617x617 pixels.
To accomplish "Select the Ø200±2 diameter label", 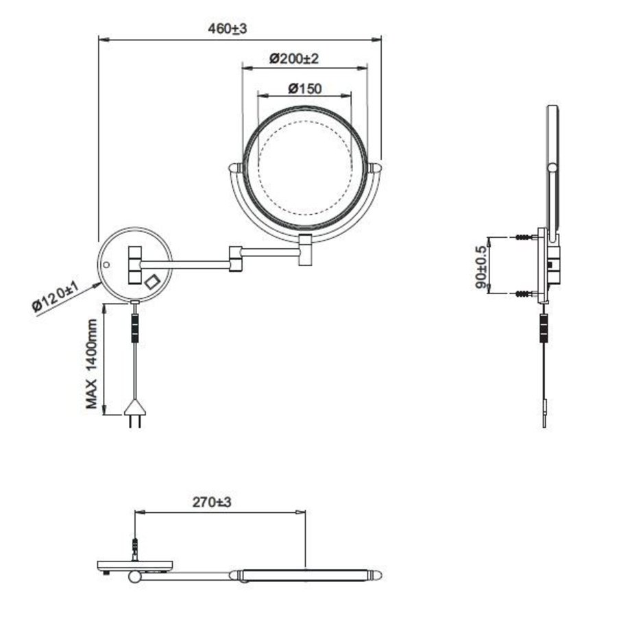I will [294, 59].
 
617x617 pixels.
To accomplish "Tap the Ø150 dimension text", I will [305, 88].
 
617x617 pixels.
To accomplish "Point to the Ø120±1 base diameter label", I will [61, 295].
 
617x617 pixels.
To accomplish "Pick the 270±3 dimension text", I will [213, 503].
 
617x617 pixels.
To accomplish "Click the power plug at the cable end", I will [135, 415].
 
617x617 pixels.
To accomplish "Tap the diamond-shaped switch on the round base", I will [152, 281].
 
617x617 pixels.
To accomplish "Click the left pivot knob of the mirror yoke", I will [234, 168].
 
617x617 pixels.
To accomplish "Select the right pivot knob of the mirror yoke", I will [376, 168].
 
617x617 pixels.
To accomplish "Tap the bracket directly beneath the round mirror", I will [305, 250].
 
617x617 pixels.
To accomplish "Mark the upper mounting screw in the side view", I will [524, 237].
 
